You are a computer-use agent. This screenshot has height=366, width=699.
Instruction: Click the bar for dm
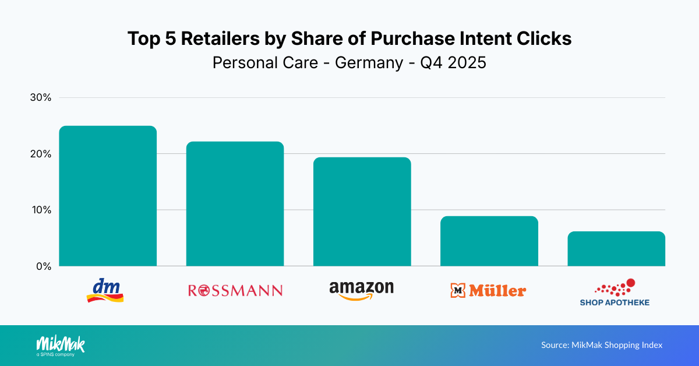[108, 196]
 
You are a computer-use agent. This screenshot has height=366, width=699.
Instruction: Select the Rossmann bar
[235, 204]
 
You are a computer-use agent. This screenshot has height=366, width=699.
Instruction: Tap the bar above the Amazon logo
[362, 212]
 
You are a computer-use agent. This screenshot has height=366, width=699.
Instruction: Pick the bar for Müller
[489, 241]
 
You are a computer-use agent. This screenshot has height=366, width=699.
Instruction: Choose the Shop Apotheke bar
[616, 248]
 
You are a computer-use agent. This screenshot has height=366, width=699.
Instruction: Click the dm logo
[105, 290]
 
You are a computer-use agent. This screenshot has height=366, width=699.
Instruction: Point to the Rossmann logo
[235, 290]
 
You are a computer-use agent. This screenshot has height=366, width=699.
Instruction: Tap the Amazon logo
[361, 290]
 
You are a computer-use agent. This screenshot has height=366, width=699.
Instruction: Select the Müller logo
[488, 290]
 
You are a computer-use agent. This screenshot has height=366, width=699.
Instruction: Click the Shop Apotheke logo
[615, 293]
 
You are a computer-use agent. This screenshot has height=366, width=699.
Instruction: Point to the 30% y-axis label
[41, 98]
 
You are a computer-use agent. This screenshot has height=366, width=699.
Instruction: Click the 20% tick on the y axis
[41, 154]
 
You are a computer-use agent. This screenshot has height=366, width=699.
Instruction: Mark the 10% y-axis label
[41, 210]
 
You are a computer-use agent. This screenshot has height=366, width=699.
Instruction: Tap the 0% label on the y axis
[44, 266]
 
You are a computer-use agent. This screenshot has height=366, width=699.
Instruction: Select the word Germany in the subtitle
[369, 62]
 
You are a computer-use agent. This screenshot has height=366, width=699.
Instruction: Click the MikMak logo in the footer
[60, 344]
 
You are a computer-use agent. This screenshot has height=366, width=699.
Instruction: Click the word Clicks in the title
[545, 39]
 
